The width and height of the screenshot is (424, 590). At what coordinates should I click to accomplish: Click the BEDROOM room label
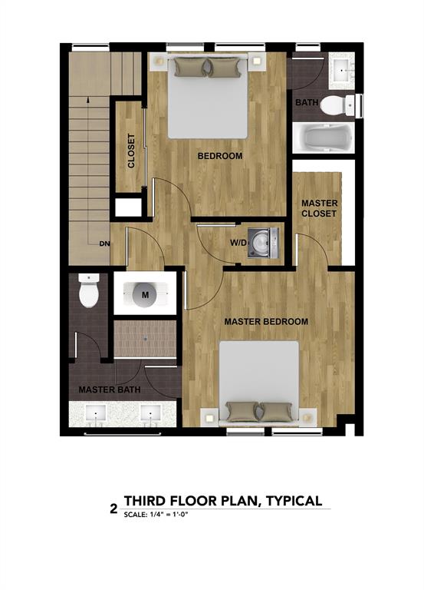tap(220, 156)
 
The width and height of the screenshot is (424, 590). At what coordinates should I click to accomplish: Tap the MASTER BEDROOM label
tap(266, 321)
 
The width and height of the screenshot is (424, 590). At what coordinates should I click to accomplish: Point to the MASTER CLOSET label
tap(318, 208)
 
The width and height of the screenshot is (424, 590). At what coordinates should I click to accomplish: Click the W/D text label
tap(239, 244)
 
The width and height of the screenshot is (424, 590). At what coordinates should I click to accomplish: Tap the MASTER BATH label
tap(104, 390)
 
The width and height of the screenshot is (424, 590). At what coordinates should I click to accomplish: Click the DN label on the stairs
tap(104, 244)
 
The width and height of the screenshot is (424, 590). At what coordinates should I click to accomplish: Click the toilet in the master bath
tap(90, 292)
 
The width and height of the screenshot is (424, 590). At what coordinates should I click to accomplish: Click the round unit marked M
tap(146, 293)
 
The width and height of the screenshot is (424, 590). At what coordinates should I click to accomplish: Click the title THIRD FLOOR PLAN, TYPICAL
tap(222, 501)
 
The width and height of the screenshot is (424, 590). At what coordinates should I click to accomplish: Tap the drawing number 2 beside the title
tap(113, 508)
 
